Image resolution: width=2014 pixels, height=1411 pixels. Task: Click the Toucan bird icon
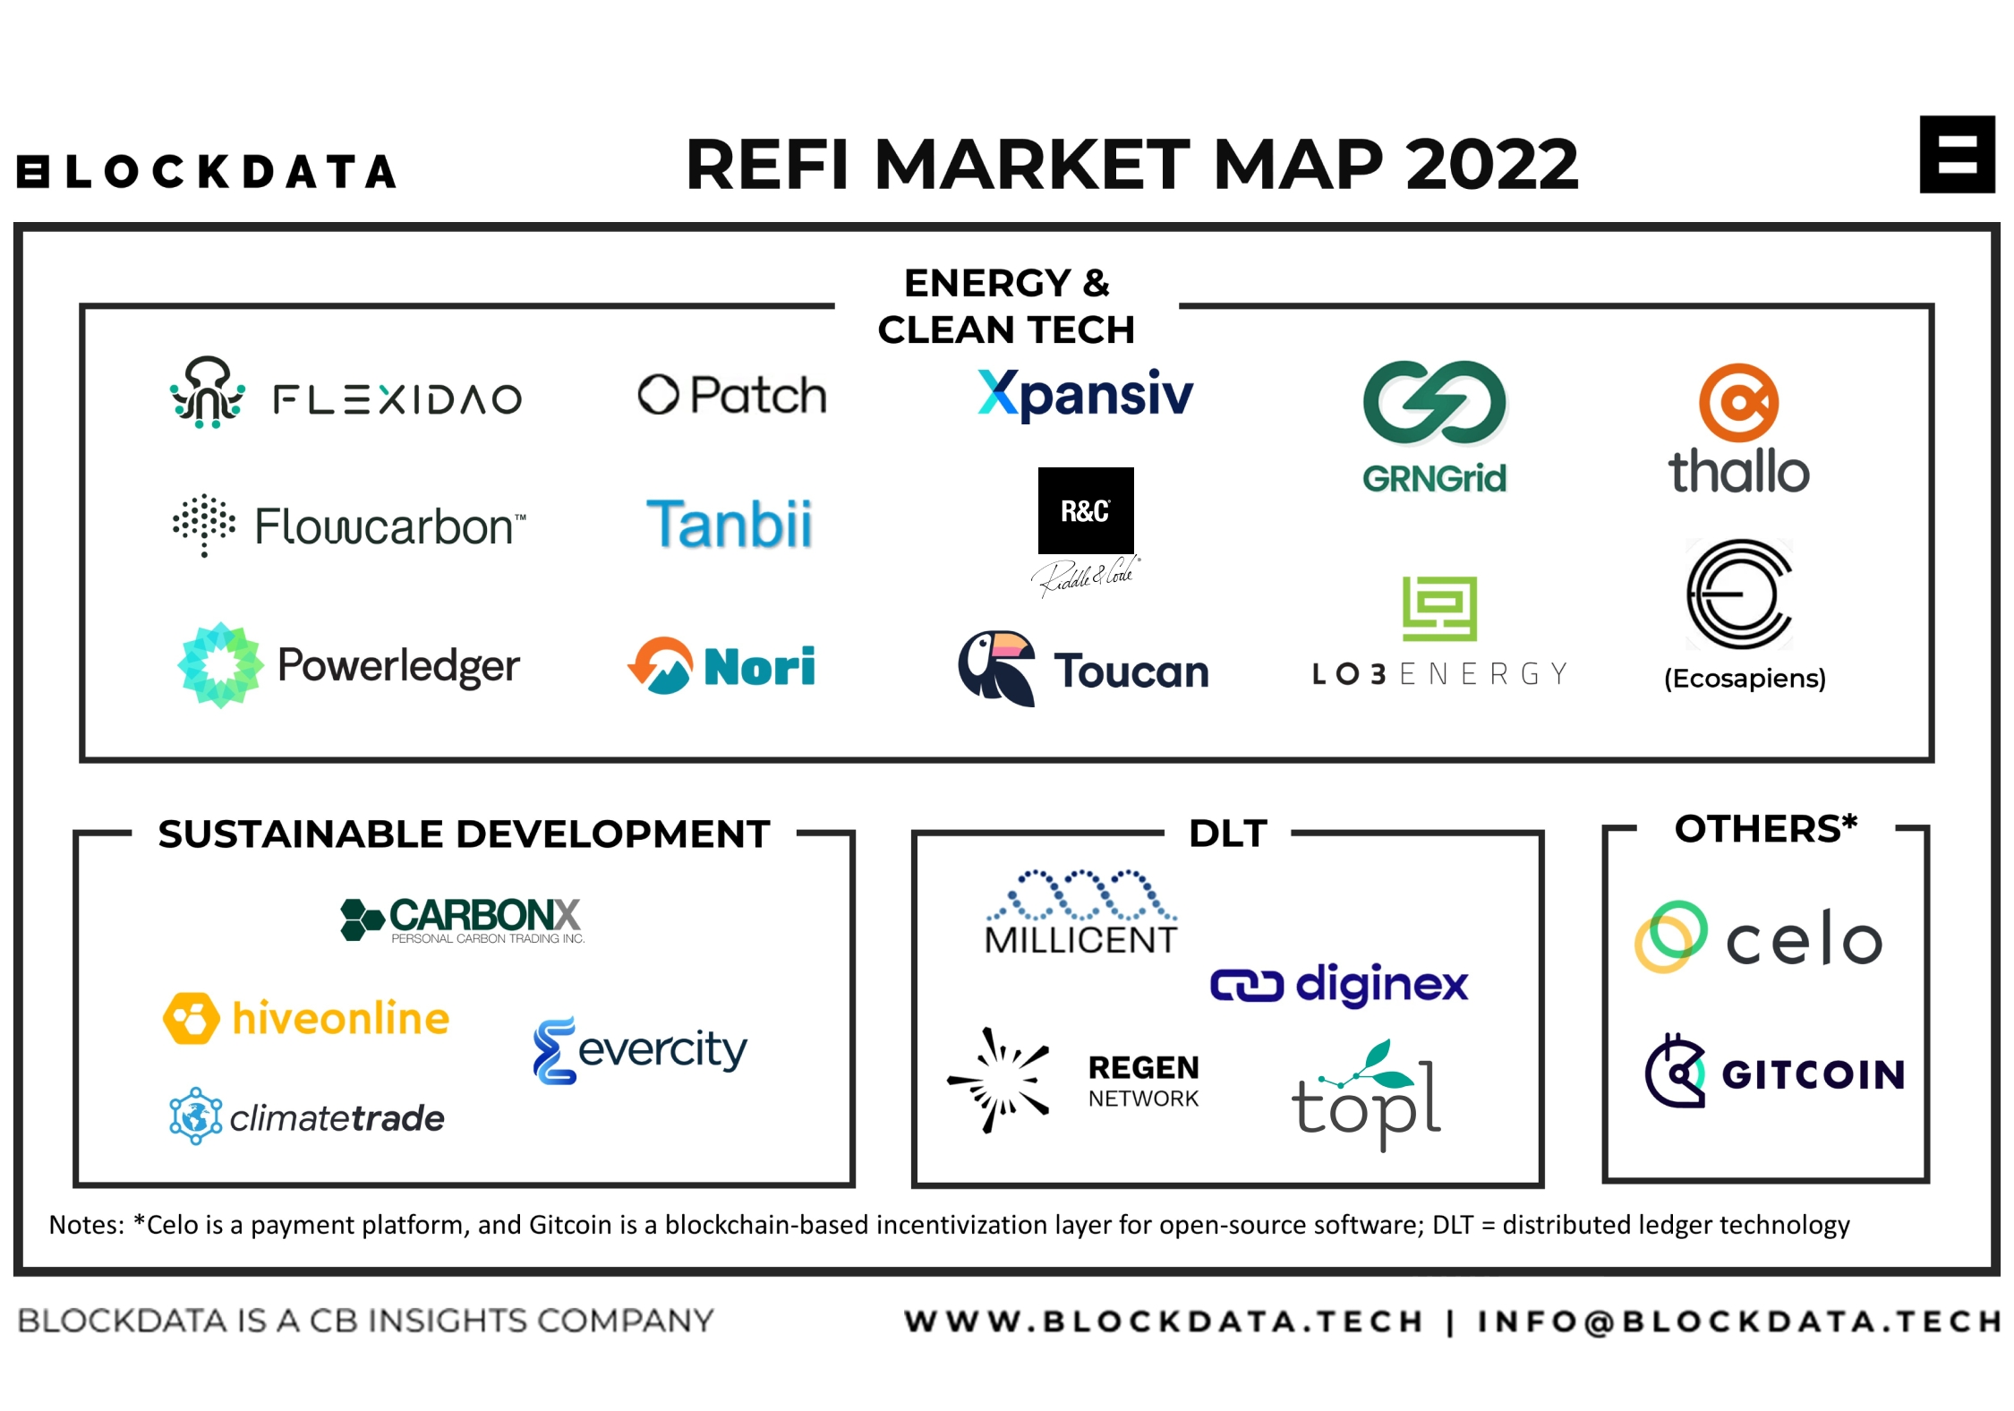pyautogui.click(x=996, y=668)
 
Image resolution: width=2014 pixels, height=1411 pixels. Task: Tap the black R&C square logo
pyautogui.click(x=1086, y=510)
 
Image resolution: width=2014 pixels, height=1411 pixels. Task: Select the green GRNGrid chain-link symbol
pyautogui.click(x=1435, y=403)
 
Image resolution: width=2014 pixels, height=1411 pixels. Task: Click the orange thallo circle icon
pyautogui.click(x=1738, y=403)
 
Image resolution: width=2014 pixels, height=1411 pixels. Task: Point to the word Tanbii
pyautogui.click(x=730, y=524)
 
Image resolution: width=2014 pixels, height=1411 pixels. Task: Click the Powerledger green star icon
pyautogui.click(x=221, y=665)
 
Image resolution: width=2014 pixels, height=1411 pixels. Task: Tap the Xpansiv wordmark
pyautogui.click(x=1085, y=395)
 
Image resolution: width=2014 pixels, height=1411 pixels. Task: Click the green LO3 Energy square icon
pyautogui.click(x=1439, y=609)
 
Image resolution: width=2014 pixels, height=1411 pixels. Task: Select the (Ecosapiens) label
pyautogui.click(x=1745, y=679)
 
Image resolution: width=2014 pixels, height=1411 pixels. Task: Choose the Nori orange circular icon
pyautogui.click(x=660, y=666)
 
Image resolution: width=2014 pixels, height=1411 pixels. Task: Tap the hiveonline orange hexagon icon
pyautogui.click(x=192, y=1018)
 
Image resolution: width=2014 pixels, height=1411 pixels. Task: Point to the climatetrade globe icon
pyautogui.click(x=196, y=1116)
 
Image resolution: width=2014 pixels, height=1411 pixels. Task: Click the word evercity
pyautogui.click(x=662, y=1050)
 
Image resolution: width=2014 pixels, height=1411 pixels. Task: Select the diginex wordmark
pyautogui.click(x=1382, y=985)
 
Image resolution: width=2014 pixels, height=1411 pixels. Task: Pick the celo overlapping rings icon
pyautogui.click(x=1670, y=936)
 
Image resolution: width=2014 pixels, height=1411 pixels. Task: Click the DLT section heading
pyautogui.click(x=1228, y=834)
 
